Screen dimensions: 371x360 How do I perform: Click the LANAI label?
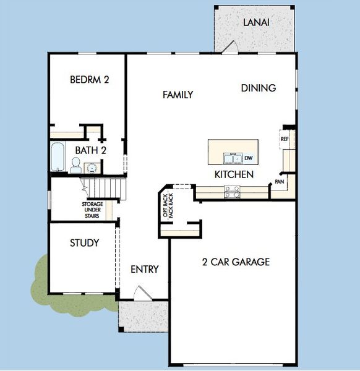tap(256, 22)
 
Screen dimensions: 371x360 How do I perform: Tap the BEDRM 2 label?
tap(90, 80)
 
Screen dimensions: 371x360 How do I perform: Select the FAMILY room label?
tap(178, 95)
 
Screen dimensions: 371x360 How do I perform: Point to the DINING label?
tap(258, 88)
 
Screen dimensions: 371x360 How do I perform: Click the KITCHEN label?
tap(234, 175)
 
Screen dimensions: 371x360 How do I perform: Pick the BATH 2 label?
tap(91, 150)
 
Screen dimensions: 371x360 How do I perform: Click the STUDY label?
tap(84, 243)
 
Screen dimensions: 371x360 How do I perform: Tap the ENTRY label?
tap(145, 270)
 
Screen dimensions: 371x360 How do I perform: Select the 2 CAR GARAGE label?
tap(236, 262)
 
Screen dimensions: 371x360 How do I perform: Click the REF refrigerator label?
tap(285, 140)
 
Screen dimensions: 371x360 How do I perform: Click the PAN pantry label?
tap(280, 182)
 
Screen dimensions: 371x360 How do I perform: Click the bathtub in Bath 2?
tap(57, 158)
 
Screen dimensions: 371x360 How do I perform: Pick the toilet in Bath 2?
tap(75, 164)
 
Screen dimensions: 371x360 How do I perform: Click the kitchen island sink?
tap(233, 158)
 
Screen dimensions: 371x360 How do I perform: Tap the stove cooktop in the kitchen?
tap(233, 192)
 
